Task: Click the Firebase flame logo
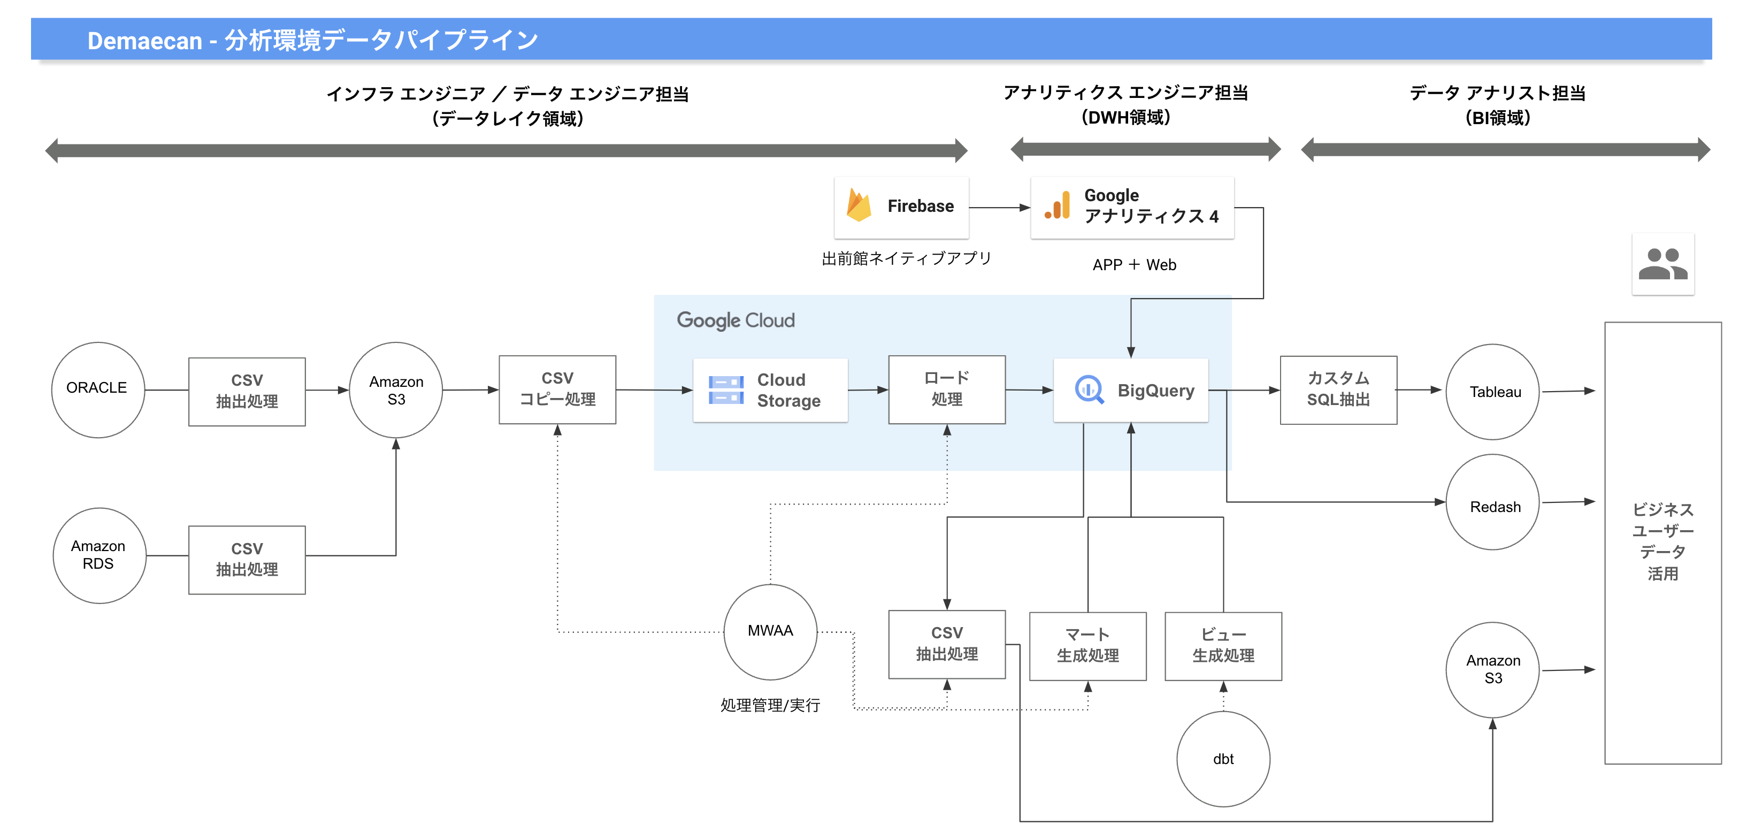click(859, 205)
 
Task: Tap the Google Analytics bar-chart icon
click(1058, 205)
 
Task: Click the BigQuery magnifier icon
click(1089, 390)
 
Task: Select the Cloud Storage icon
click(726, 390)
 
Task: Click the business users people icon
click(1663, 264)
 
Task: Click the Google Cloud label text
click(736, 320)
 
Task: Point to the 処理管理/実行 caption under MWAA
click(770, 705)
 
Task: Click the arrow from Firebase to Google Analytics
click(1000, 207)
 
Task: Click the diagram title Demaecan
click(144, 40)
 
